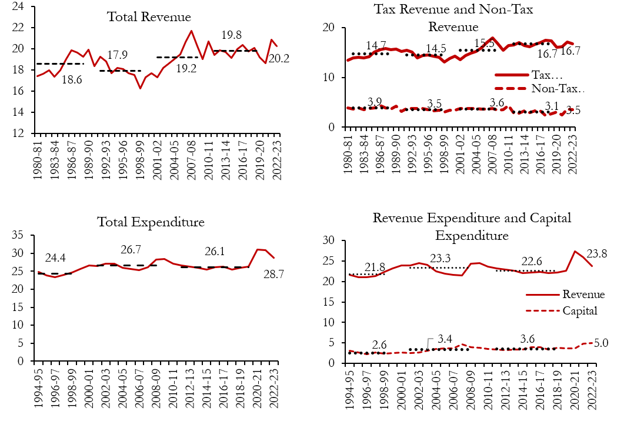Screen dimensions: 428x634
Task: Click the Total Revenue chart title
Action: pos(149,16)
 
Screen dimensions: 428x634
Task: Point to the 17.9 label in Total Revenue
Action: pos(118,55)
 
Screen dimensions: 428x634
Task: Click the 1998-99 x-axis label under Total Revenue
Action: pos(139,153)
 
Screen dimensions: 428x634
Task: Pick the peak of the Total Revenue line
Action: pos(191,31)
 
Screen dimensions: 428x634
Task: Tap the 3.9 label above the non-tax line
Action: pos(375,101)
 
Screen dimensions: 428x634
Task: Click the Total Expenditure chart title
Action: pos(151,222)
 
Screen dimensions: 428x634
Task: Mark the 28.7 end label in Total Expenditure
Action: pos(273,275)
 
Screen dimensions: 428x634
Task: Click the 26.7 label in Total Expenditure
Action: pos(131,250)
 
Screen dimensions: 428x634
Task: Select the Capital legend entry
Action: pos(579,310)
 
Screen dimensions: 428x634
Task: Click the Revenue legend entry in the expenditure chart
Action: pos(583,294)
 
